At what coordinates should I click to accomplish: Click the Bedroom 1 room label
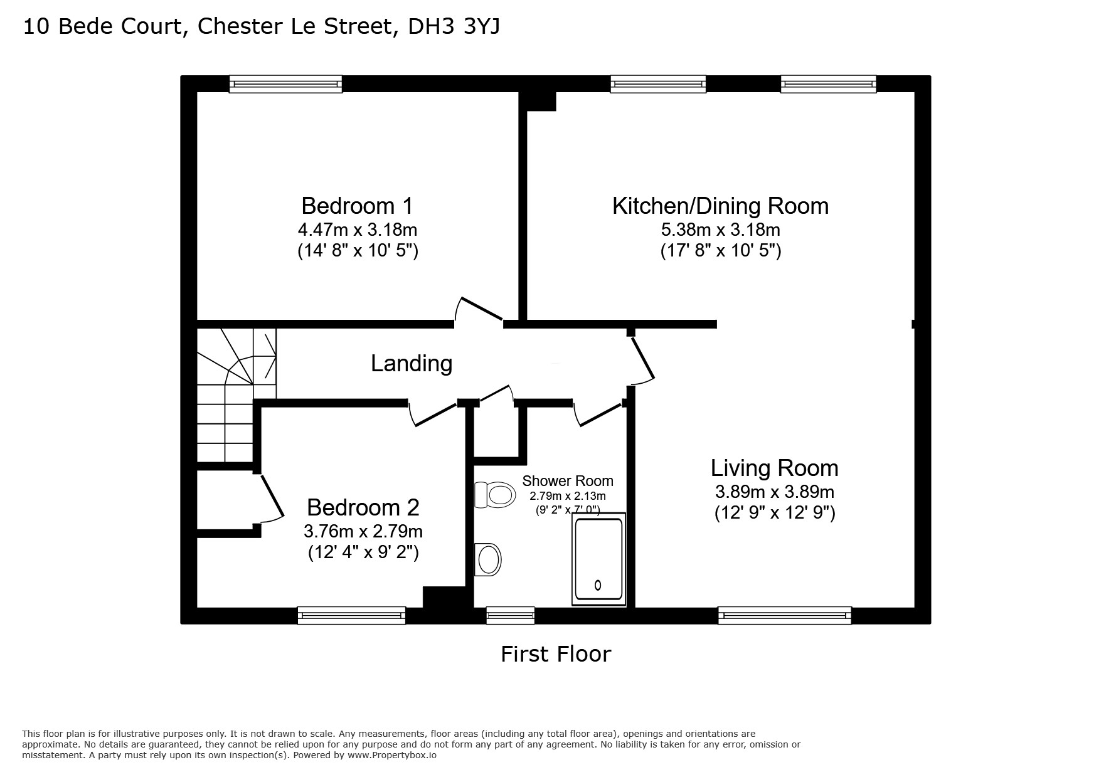click(x=358, y=206)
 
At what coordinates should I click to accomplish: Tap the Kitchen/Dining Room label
click(x=720, y=206)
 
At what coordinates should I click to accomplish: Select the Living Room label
click(x=774, y=468)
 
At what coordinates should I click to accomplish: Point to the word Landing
click(x=412, y=364)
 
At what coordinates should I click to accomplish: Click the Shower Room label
click(x=568, y=481)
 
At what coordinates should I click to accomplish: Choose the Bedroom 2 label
click(x=363, y=507)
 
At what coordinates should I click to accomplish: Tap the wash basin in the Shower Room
click(x=488, y=559)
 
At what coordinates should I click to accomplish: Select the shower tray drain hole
click(x=598, y=585)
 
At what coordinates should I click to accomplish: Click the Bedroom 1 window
click(x=285, y=84)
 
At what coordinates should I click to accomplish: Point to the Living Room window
click(x=785, y=615)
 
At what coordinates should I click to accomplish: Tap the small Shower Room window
click(x=511, y=615)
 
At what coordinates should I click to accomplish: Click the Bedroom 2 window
click(x=351, y=615)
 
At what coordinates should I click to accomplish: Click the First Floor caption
click(x=556, y=654)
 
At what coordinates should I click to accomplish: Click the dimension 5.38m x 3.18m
click(x=720, y=230)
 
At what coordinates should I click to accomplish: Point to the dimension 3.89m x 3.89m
click(x=774, y=492)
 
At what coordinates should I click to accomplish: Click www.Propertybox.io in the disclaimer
click(x=392, y=756)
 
